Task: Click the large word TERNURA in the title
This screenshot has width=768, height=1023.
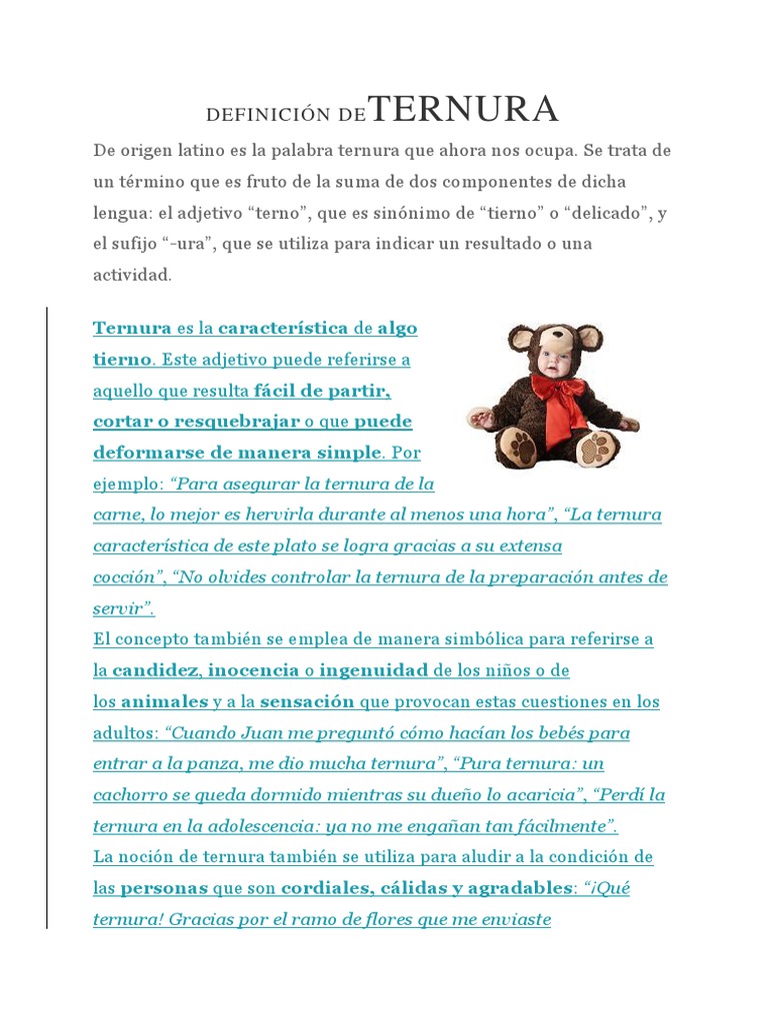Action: click(x=464, y=109)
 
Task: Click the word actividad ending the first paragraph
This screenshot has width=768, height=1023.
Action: click(x=132, y=275)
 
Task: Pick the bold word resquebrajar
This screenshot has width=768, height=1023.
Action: click(x=240, y=421)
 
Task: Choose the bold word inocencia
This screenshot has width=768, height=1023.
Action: click(x=254, y=669)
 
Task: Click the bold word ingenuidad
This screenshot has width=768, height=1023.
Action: click(x=374, y=669)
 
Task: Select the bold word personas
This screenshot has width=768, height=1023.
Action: click(x=165, y=888)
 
